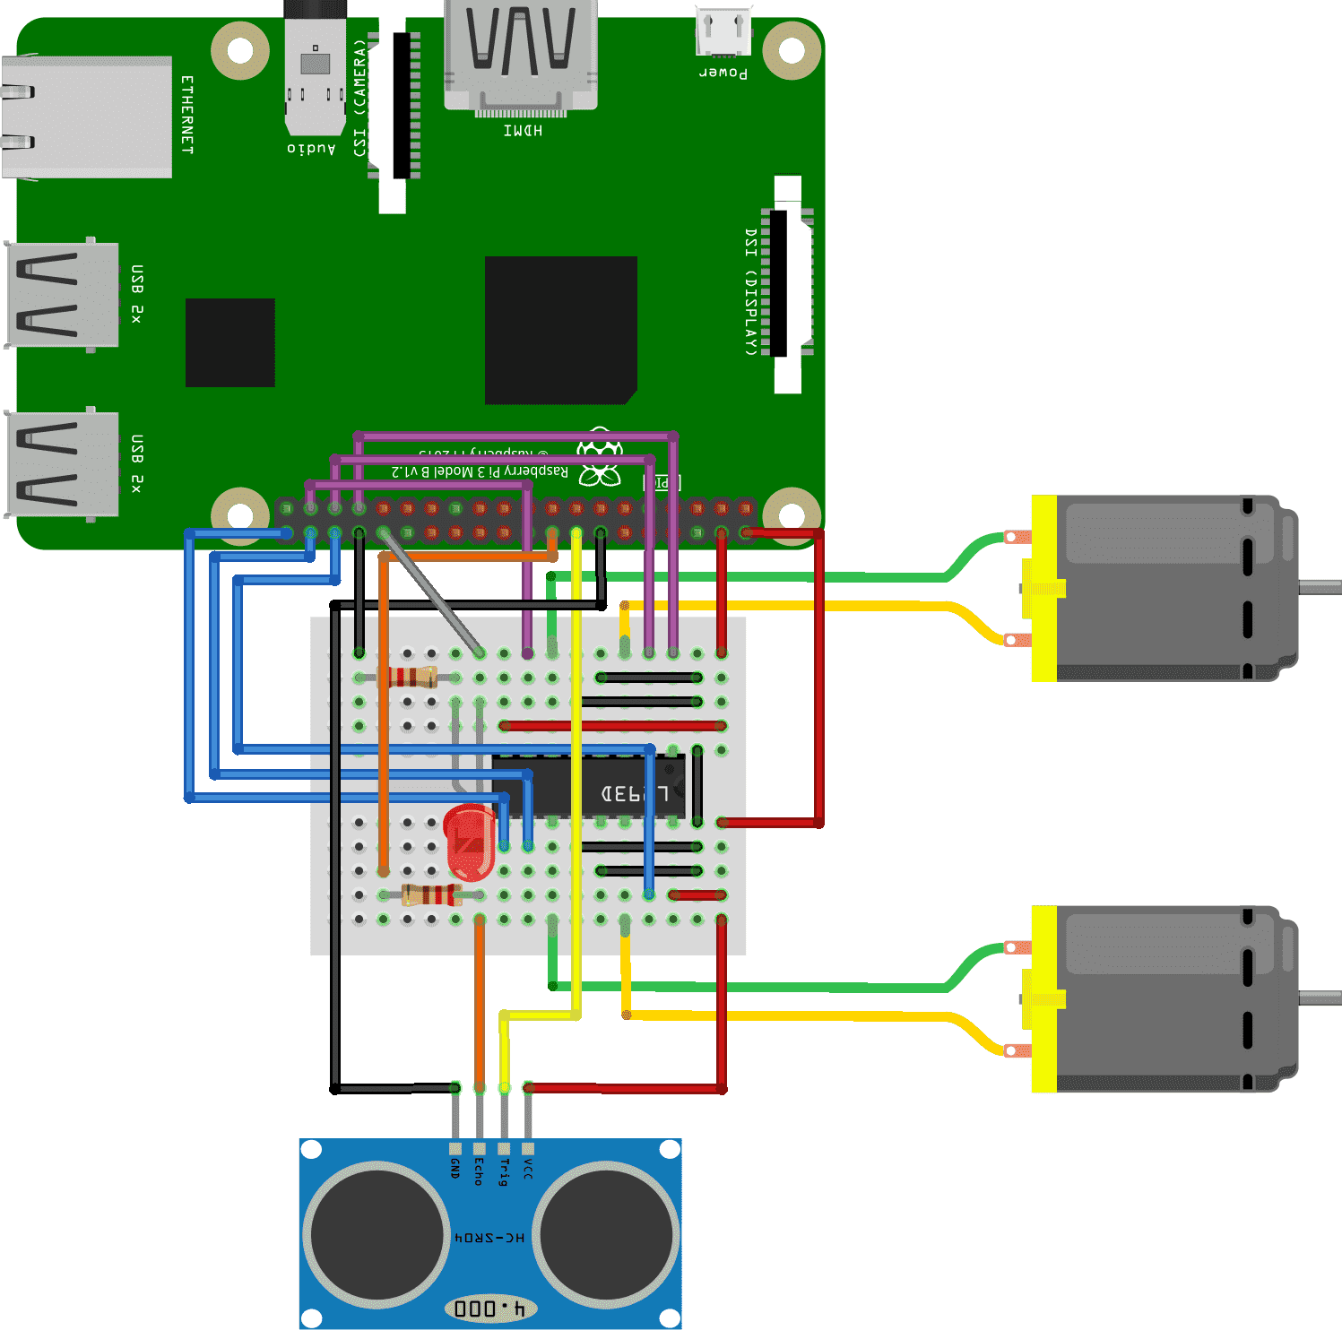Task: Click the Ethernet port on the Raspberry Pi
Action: (x=86, y=117)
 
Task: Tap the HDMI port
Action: (x=521, y=56)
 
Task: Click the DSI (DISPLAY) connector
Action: (x=786, y=283)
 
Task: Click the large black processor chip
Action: (x=561, y=330)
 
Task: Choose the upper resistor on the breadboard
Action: (x=412, y=677)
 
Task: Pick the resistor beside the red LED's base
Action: (x=431, y=894)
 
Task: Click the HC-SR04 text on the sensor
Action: (x=489, y=1238)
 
